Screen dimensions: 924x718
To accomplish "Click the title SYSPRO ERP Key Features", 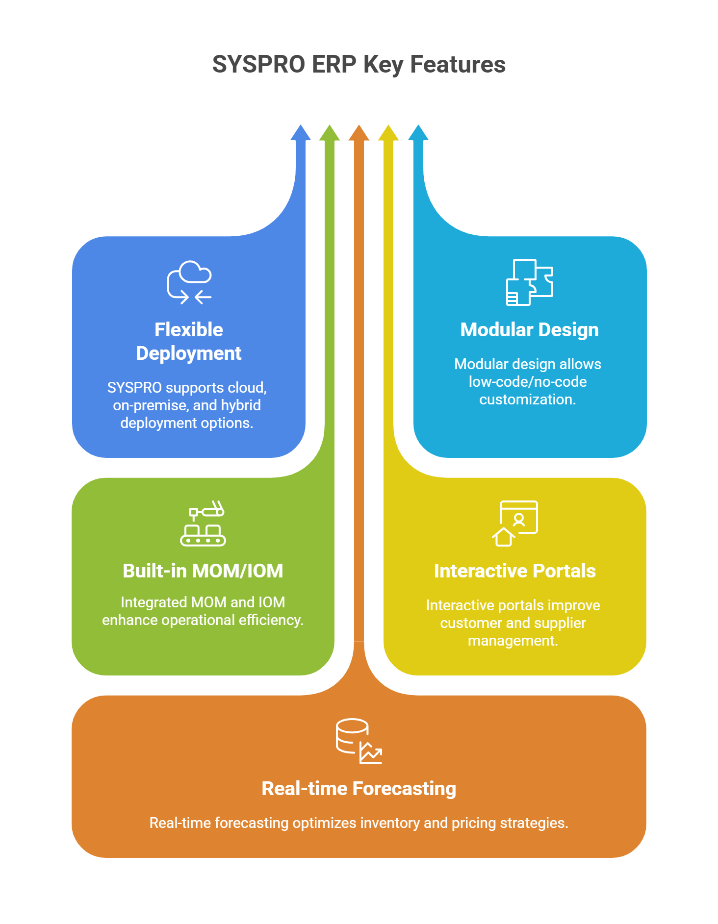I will [x=359, y=65].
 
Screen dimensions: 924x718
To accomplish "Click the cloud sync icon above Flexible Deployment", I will [x=189, y=282].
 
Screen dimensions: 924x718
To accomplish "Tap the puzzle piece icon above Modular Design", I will [x=530, y=282].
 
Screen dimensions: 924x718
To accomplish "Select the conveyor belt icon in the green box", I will [x=203, y=524].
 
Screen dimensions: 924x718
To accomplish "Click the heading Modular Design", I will [x=530, y=330].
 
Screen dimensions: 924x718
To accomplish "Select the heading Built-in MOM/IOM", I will [x=203, y=571].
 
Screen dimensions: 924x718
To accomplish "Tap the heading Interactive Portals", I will [x=515, y=571].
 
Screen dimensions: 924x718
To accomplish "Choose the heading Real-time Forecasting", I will [x=359, y=789].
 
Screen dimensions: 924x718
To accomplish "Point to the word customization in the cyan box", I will [x=527, y=400].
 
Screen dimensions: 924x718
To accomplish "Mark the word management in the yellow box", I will [x=513, y=641].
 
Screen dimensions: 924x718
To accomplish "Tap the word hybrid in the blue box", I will [x=241, y=405].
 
